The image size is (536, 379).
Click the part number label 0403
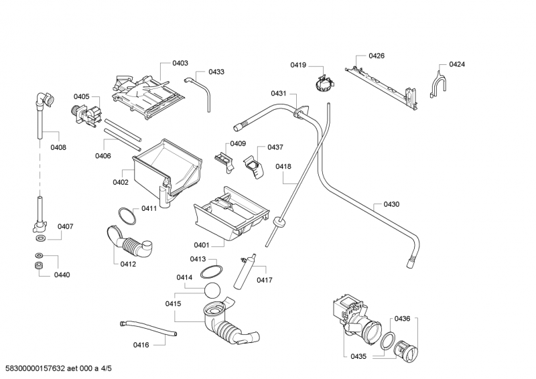click(180, 63)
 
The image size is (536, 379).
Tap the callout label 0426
click(377, 56)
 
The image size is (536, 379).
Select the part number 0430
click(391, 204)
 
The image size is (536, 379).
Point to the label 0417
click(264, 280)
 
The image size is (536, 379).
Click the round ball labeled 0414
click(213, 291)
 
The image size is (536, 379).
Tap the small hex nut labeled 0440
click(39, 267)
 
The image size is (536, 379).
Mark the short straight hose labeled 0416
click(148, 328)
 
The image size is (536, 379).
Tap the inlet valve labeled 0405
click(86, 113)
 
